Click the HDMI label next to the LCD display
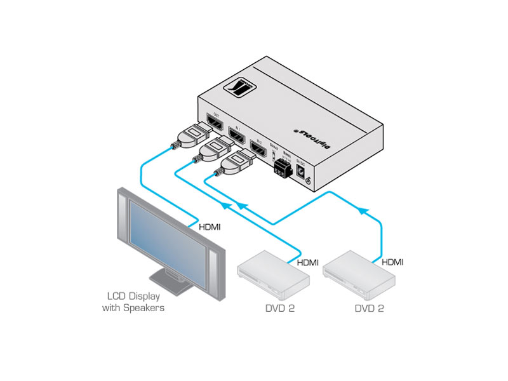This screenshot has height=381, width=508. click(211, 226)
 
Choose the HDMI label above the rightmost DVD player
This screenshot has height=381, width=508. click(392, 262)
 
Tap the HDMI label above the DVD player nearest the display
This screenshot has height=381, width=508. click(307, 262)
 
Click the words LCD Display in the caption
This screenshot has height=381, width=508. click(133, 296)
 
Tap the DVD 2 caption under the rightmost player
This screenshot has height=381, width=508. click(369, 309)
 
